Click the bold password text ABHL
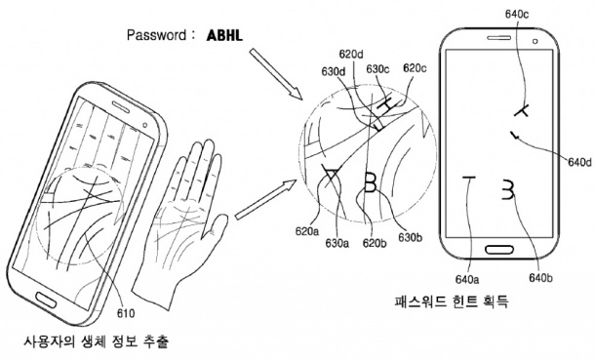[224, 35]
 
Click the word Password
[156, 35]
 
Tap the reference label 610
[126, 313]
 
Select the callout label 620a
[307, 231]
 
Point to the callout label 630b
[411, 237]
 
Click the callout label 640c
[517, 14]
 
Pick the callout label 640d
[579, 162]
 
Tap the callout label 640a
[467, 280]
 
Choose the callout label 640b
[540, 278]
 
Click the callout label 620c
[415, 68]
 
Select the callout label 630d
[334, 71]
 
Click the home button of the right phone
[499, 249]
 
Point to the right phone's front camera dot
[535, 41]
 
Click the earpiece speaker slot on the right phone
[499, 37]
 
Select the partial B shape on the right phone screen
[508, 189]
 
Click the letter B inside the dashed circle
[370, 182]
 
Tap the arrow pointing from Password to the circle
[275, 74]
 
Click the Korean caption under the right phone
[452, 301]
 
